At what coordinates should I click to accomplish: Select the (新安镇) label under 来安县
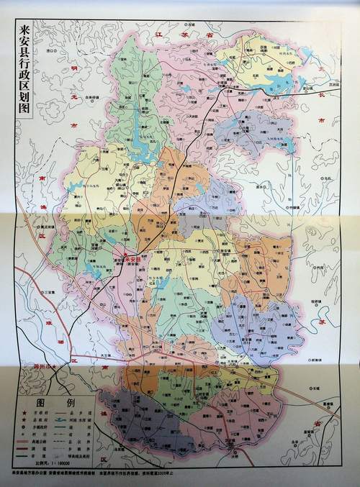tap(135, 265)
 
